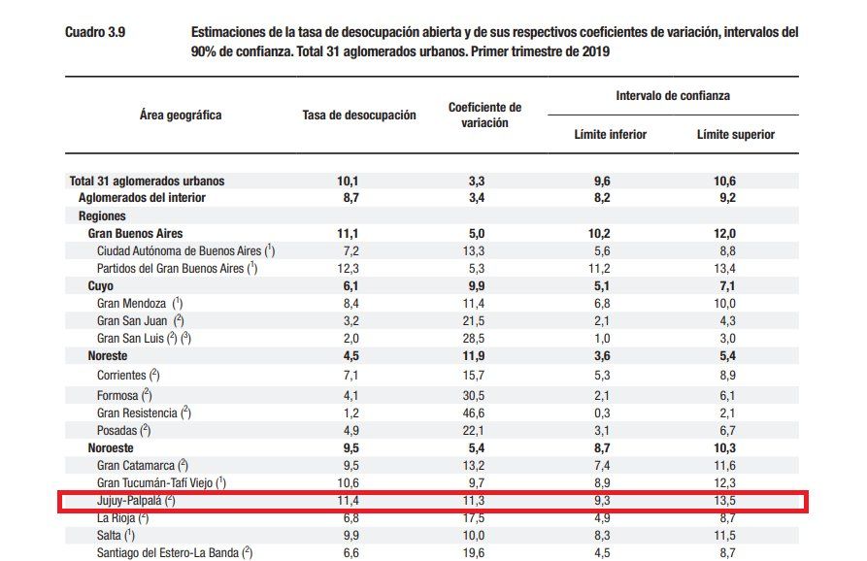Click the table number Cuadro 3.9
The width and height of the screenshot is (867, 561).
[94, 32]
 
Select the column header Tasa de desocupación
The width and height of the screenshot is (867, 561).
[359, 115]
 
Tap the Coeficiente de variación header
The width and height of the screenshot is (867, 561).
[484, 115]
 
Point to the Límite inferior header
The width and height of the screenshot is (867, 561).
[610, 134]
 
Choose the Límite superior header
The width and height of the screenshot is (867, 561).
[736, 134]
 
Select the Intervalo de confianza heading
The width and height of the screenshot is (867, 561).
[673, 96]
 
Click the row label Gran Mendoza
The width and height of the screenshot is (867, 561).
[132, 304]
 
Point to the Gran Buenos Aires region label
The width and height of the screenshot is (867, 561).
[135, 234]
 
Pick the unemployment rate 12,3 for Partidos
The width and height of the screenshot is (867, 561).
[347, 269]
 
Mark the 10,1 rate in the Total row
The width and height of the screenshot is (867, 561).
[347, 181]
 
